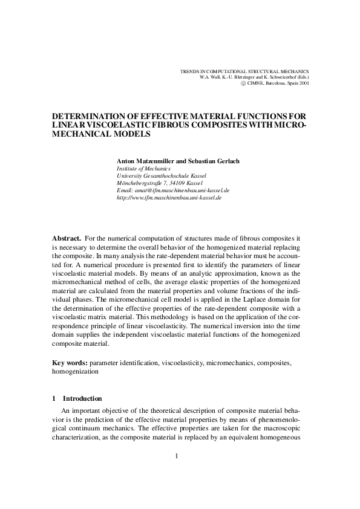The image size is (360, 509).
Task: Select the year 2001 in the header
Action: pyautogui.click(x=303, y=83)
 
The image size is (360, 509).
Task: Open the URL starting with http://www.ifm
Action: pyautogui.click(x=169, y=197)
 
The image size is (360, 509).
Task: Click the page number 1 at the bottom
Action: pyautogui.click(x=176, y=456)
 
